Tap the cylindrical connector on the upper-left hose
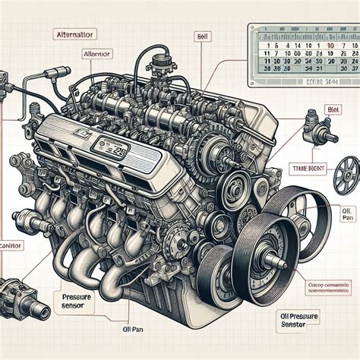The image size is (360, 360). tap(54, 73)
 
